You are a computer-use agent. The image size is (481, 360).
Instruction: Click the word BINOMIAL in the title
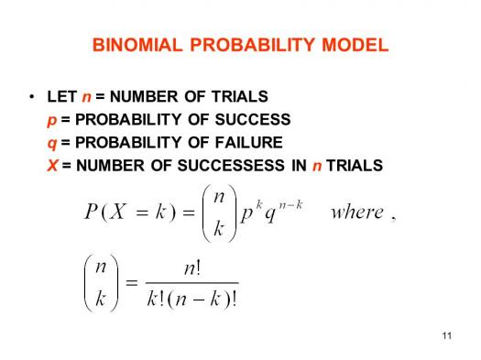(129, 45)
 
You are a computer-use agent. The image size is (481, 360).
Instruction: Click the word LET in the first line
(60, 96)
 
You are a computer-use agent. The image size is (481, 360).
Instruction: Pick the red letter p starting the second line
(50, 120)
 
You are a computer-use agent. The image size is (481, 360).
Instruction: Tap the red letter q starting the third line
(50, 143)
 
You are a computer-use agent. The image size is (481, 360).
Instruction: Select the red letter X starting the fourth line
(51, 166)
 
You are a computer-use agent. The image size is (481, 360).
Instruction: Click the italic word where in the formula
(356, 213)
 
